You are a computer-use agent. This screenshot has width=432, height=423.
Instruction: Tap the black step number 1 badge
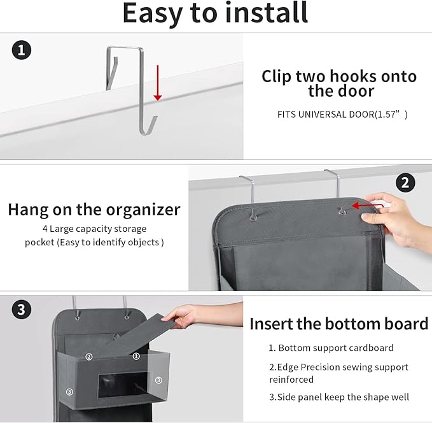point(22,50)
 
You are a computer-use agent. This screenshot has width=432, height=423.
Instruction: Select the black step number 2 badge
point(405,183)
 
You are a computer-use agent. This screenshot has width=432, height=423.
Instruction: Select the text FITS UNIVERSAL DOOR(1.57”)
point(342,115)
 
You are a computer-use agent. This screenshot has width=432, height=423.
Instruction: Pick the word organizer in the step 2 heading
point(145,210)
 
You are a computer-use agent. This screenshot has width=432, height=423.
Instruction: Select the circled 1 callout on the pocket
point(136,357)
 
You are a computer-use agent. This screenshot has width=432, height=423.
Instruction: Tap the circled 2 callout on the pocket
point(89,357)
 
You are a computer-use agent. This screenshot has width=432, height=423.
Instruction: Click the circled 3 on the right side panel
point(158,380)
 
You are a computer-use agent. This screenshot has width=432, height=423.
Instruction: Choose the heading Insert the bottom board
point(338,324)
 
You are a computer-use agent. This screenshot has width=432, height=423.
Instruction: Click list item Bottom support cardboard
point(331,348)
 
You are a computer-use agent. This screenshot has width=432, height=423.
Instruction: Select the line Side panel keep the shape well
point(338,397)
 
